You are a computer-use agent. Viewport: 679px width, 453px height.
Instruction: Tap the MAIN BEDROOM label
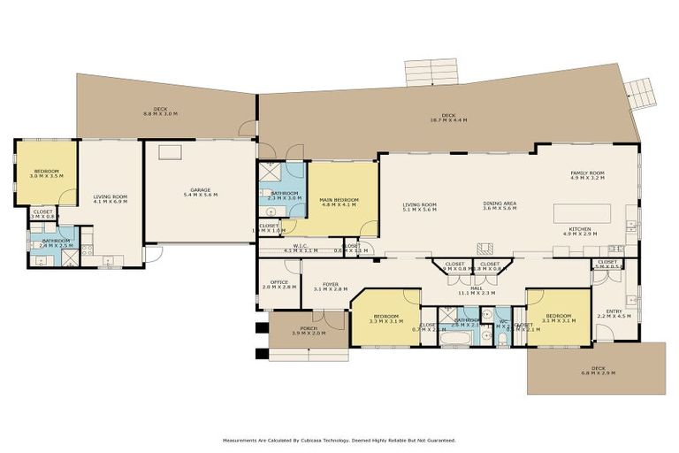pyautogui.click(x=339, y=202)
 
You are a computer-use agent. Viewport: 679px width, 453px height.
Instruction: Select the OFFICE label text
pyautogui.click(x=278, y=285)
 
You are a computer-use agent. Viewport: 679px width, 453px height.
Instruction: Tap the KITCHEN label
pyautogui.click(x=580, y=231)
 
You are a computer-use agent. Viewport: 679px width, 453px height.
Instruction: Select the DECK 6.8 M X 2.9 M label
pyautogui.click(x=599, y=372)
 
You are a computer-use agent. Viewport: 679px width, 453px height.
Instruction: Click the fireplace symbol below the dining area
pyautogui.click(x=483, y=249)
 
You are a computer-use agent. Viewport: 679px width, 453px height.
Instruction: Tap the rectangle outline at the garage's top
pyautogui.click(x=170, y=152)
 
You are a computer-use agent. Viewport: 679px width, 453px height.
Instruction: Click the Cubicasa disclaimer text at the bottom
pyautogui.click(x=339, y=440)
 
